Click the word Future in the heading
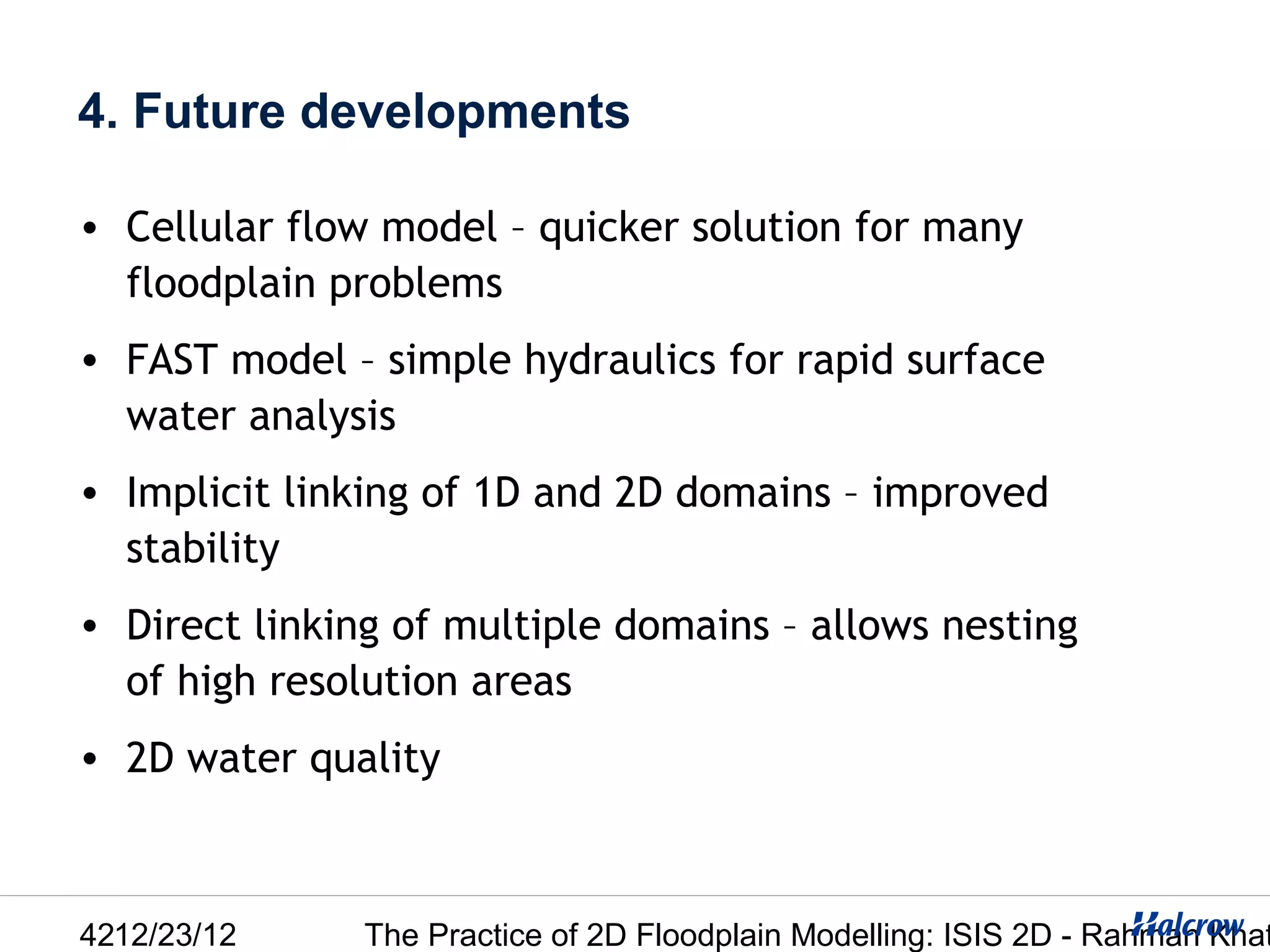click(209, 112)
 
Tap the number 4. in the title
click(98, 112)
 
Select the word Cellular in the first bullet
click(199, 227)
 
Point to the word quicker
click(608, 228)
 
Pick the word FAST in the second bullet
click(172, 359)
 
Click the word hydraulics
click(619, 361)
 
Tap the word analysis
click(322, 416)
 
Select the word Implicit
click(197, 493)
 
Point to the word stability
click(203, 549)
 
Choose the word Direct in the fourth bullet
click(183, 625)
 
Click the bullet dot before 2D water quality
click(90, 759)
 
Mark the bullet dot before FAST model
click(90, 361)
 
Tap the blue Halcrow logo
click(1188, 924)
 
